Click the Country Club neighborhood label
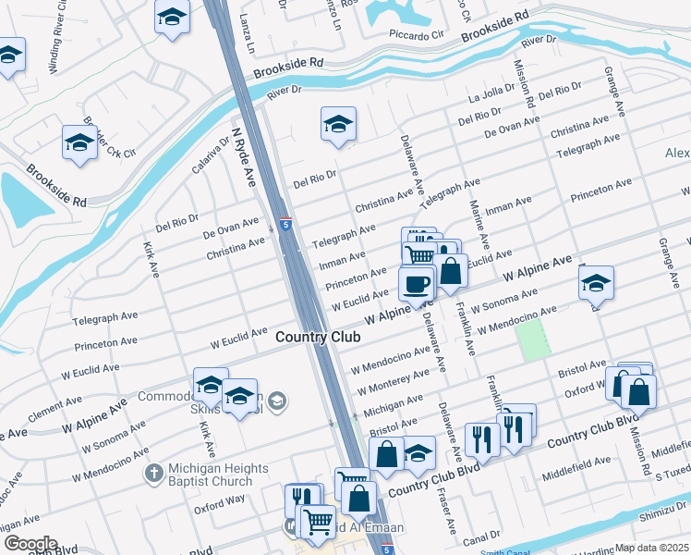pyautogui.click(x=318, y=338)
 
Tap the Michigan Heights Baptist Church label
pyautogui.click(x=210, y=475)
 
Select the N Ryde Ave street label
pyautogui.click(x=243, y=158)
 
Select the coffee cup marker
pyautogui.click(x=417, y=282)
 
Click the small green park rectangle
pyautogui.click(x=532, y=342)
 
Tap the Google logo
pyautogui.click(x=30, y=544)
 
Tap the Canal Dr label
pyautogui.click(x=482, y=536)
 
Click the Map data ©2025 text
pyautogui.click(x=651, y=548)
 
